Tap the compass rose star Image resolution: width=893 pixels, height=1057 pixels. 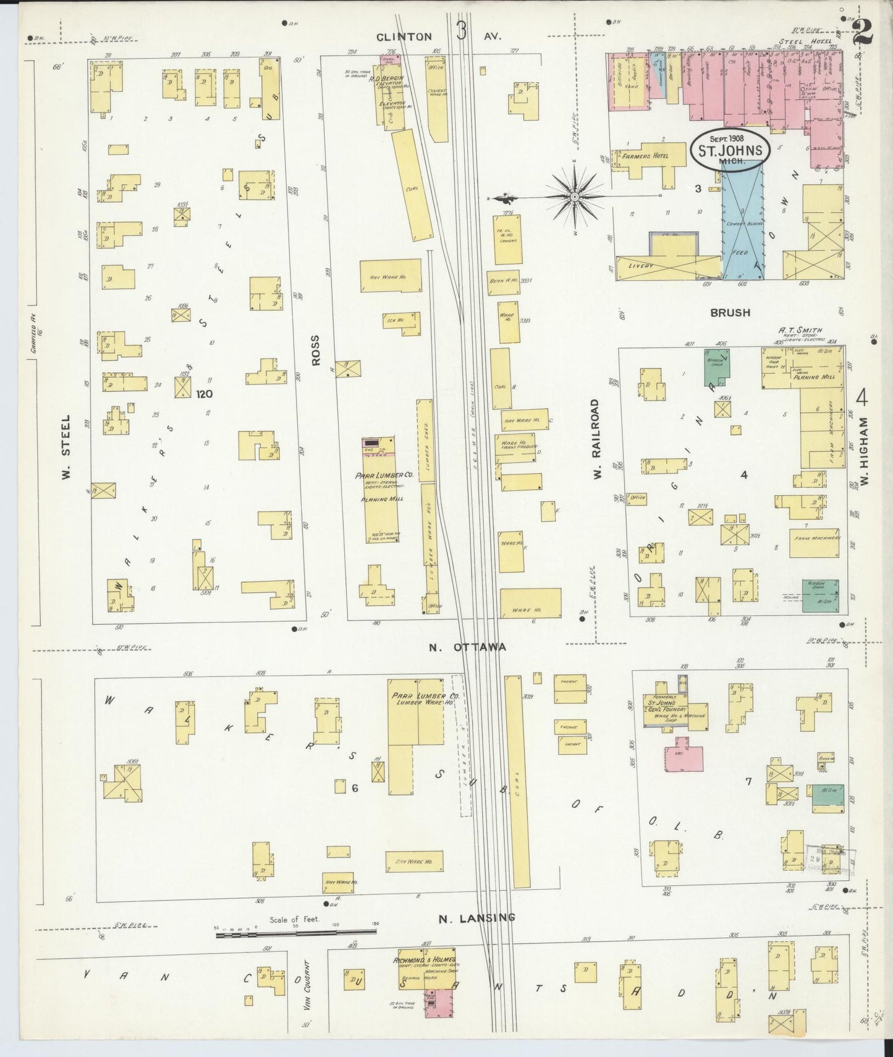click(x=575, y=197)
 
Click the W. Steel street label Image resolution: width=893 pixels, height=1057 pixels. click(x=66, y=447)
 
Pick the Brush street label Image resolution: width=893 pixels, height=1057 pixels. click(x=730, y=313)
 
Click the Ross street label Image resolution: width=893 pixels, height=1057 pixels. click(x=316, y=350)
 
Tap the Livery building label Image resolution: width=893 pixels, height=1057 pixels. click(x=640, y=265)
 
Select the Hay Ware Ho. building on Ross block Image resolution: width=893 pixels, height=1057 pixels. click(x=390, y=276)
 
